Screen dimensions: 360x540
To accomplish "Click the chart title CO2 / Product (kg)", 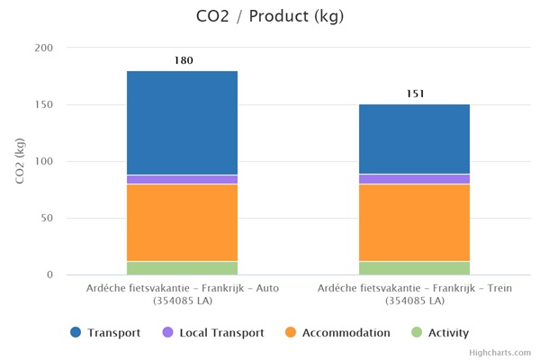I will coord(269,16).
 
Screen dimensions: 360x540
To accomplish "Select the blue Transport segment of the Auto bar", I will coord(182,122).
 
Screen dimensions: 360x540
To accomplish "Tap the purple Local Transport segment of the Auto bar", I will coord(182,179).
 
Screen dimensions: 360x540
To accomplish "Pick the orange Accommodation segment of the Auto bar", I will coord(182,222).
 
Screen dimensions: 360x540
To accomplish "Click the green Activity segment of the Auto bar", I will coord(182,267).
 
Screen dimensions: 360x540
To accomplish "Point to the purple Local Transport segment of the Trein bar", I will coord(414,179).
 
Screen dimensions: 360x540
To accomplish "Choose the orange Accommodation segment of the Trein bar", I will coord(414,222).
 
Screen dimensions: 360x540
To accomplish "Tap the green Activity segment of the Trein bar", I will coord(414,267).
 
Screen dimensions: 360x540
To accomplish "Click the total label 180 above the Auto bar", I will coord(183,60).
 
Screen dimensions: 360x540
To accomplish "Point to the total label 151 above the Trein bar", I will coord(415,94).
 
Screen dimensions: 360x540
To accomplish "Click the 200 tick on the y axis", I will coord(43,48).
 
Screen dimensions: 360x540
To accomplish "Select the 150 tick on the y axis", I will coord(43,104).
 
